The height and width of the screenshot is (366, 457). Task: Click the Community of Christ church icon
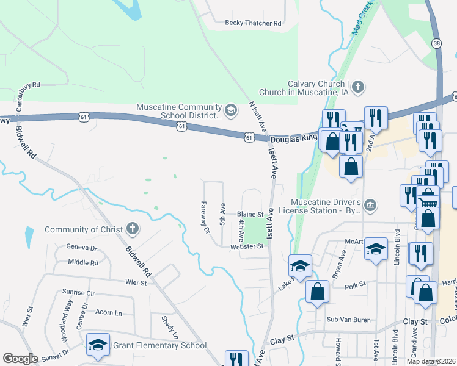pos(131,229)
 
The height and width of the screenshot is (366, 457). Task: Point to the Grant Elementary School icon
pos(98,345)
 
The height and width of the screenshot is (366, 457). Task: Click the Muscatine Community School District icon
pos(231,110)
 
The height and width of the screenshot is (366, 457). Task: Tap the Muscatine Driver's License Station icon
pos(370,206)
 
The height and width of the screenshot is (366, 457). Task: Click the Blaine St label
pos(250,215)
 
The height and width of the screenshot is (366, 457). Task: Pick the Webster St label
pos(246,246)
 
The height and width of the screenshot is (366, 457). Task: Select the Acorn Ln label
pos(109,312)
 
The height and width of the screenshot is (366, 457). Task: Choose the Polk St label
pos(354,284)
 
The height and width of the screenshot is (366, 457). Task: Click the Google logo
pos(20,359)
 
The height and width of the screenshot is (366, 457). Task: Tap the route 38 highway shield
pos(436,43)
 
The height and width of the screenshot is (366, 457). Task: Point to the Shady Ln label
pos(169,327)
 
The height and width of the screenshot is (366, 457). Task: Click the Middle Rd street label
pos(83,262)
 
